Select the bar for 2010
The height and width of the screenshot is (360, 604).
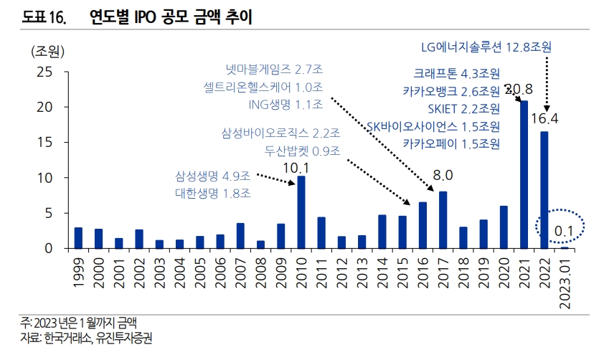[x=301, y=212]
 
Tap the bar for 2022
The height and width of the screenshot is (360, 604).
[x=544, y=189]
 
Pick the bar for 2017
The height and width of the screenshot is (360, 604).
[x=443, y=219]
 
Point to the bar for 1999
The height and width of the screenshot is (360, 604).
[x=78, y=237]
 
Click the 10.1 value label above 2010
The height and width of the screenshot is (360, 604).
[x=301, y=167]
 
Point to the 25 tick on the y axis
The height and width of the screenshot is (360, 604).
[x=44, y=72]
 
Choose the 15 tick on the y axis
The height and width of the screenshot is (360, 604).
[x=44, y=142]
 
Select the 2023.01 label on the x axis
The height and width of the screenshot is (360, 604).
[x=565, y=283]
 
